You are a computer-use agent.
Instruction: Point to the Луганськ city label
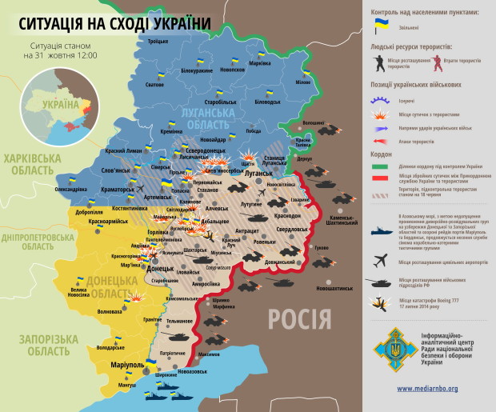click(258, 172)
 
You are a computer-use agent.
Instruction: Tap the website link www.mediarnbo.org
click(427, 389)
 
